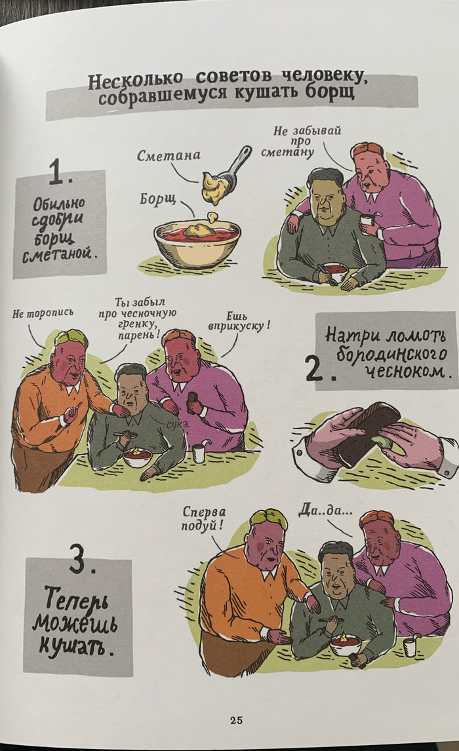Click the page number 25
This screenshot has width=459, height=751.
click(x=235, y=720)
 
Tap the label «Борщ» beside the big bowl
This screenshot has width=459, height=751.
click(x=157, y=199)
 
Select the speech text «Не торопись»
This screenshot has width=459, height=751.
click(x=43, y=313)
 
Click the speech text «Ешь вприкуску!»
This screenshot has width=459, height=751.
click(x=238, y=321)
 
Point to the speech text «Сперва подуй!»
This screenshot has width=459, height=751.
click(x=204, y=519)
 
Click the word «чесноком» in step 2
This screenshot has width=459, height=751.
click(x=407, y=371)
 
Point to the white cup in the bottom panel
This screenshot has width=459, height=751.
click(x=410, y=647)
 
